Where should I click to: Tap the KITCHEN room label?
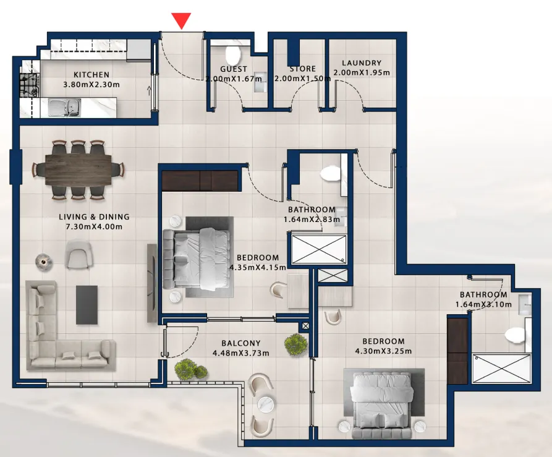[x=91, y=75]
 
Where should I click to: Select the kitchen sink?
[x=64, y=107]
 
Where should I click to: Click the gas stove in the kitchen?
[x=29, y=85]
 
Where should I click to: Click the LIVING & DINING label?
[x=94, y=217]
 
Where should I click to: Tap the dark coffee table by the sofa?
[x=87, y=305]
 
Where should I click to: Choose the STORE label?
[x=303, y=69]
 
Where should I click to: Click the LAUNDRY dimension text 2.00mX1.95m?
[x=362, y=72]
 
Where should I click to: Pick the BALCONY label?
[x=241, y=343]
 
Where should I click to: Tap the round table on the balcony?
[x=266, y=403]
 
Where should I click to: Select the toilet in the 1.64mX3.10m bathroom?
[x=517, y=335]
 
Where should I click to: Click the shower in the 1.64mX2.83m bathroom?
[x=319, y=249]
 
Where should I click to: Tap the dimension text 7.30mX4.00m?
[x=94, y=227]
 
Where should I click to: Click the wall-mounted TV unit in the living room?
[x=152, y=283]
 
